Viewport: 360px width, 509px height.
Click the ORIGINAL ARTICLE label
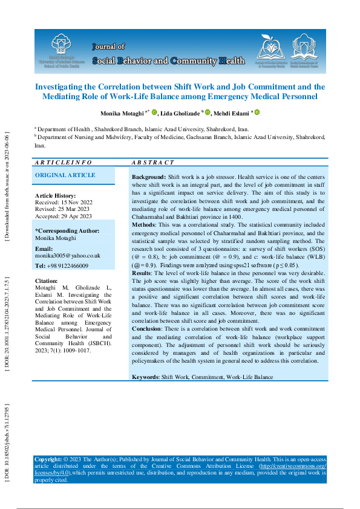(65, 175)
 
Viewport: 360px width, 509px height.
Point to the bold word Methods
(143, 224)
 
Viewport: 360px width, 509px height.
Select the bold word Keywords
(145, 377)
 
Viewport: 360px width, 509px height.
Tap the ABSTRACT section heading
(152, 163)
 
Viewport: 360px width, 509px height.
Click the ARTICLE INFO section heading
(63, 163)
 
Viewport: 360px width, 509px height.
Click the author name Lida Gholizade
(179, 113)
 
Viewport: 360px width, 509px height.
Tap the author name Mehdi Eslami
(231, 113)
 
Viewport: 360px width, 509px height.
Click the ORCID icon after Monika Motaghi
(154, 112)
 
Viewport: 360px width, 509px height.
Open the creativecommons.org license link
(293, 466)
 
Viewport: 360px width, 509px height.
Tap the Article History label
(56, 195)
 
